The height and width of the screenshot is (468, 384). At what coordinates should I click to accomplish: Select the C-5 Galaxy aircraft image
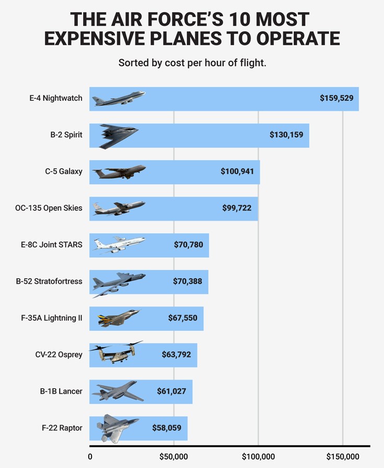tap(119, 172)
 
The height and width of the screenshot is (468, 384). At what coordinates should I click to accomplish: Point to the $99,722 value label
tap(237, 208)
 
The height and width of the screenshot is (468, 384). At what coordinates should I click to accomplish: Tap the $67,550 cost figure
tap(183, 318)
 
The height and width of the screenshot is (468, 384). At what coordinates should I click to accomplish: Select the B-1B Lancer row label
tap(61, 391)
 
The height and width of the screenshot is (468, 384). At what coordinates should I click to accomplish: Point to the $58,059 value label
tap(167, 428)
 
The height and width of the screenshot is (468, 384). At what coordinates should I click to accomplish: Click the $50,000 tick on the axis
tap(173, 457)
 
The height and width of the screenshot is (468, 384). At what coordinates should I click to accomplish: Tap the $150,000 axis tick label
tap(343, 457)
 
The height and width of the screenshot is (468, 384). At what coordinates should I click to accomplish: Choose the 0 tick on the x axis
tap(90, 457)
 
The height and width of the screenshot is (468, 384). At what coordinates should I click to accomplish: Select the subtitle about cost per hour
tap(192, 63)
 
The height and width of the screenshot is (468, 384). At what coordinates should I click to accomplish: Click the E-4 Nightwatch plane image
tap(118, 98)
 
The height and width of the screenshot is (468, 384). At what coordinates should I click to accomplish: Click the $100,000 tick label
tap(258, 457)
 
